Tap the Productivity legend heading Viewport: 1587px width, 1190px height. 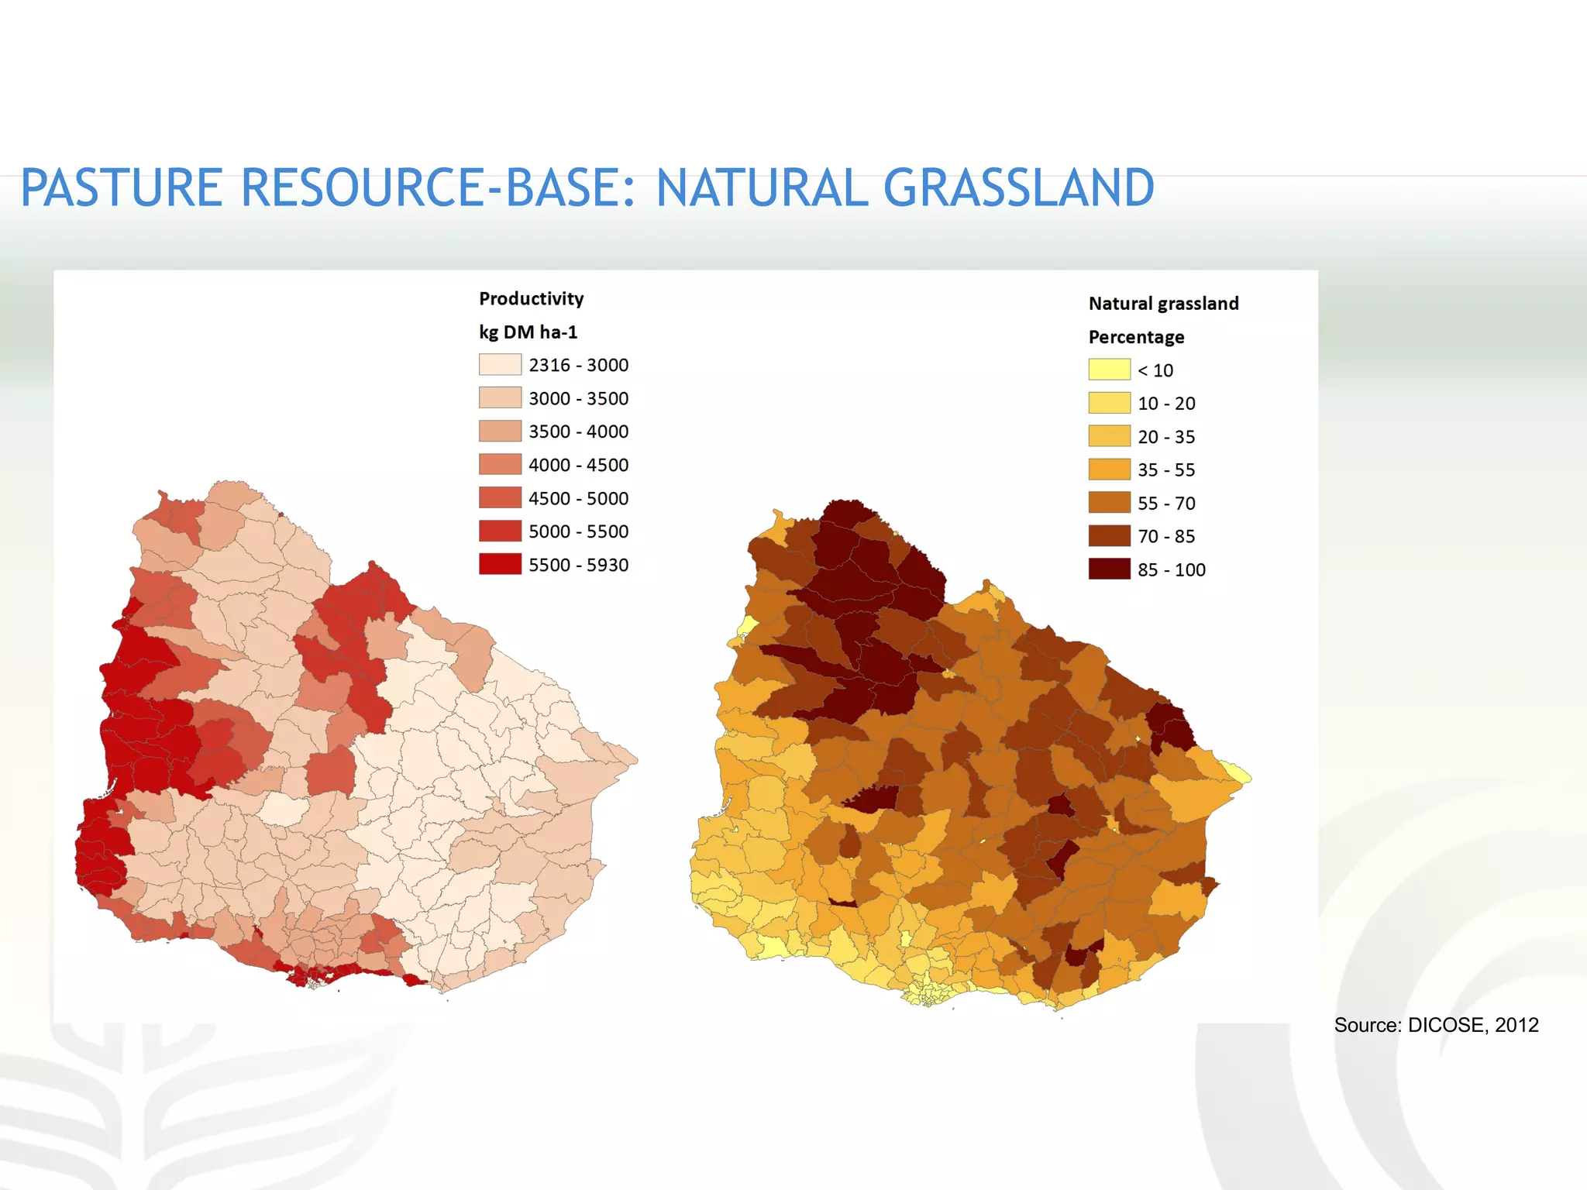(531, 298)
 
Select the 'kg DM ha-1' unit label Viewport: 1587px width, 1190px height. (528, 332)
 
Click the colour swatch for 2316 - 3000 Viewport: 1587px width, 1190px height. (500, 365)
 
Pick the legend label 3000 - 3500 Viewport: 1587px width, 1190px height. (578, 398)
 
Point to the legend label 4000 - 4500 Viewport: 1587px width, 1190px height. (578, 465)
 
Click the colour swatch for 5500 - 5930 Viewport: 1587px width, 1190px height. (500, 564)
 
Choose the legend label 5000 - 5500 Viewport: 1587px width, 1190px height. (578, 531)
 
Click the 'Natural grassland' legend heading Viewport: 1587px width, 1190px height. (1163, 303)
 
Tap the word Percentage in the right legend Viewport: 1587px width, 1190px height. (1136, 337)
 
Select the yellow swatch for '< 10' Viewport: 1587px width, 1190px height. (1109, 370)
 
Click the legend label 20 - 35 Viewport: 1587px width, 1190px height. (1166, 437)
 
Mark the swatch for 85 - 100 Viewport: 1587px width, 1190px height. (1109, 569)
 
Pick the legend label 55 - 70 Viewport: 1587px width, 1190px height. (1166, 504)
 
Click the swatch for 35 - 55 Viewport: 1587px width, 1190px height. (1109, 469)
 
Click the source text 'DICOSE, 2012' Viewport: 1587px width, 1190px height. (1473, 1025)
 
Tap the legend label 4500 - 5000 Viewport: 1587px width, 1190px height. (578, 498)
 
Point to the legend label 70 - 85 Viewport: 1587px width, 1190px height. (1166, 536)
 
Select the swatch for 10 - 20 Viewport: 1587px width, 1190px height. (1109, 403)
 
